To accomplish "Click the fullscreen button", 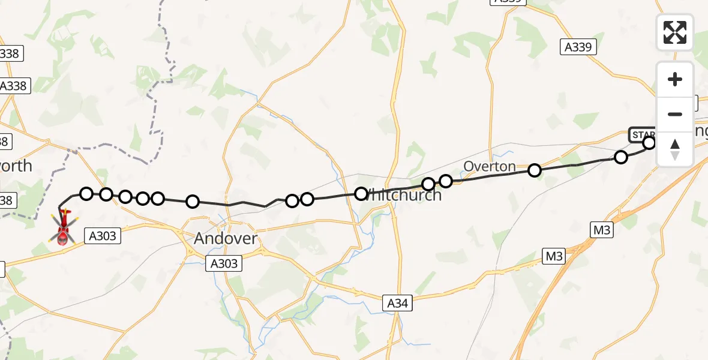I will tap(675, 32).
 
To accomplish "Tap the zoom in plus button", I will tap(675, 79).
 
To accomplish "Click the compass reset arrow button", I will tap(675, 149).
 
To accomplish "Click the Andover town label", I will tap(226, 239).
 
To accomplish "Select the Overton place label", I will tap(489, 167).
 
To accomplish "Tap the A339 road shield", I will tap(578, 47).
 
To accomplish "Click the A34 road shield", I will tap(397, 304).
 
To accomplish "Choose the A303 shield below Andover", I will tap(224, 263).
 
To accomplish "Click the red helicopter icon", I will tap(63, 228).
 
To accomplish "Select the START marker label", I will tap(640, 134).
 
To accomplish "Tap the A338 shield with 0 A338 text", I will tap(13, 86).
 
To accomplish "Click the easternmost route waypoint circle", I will tap(649, 143).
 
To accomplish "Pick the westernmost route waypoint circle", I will tap(86, 193).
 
